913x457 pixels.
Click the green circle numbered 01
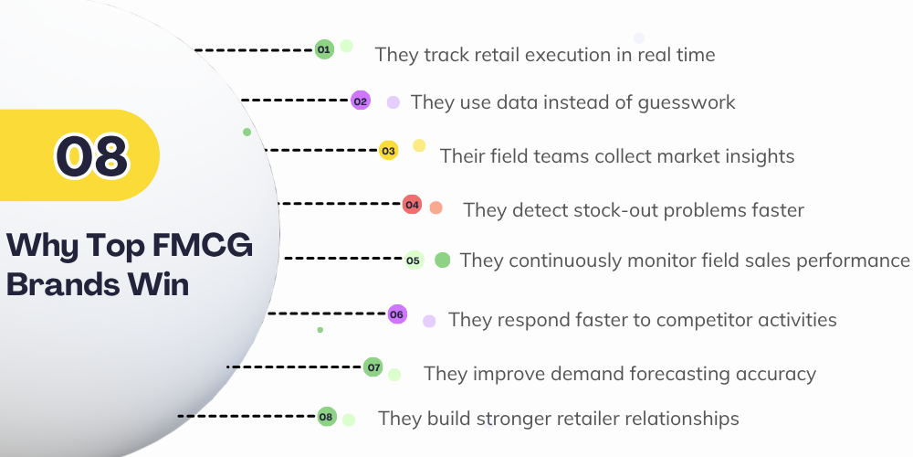tap(324, 49)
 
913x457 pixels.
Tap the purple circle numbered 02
tap(361, 101)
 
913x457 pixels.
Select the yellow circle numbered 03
tap(388, 151)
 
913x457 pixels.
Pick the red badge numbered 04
tap(413, 204)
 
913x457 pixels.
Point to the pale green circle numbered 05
tap(414, 260)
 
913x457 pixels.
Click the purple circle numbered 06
tap(397, 314)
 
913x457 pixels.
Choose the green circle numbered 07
tap(373, 367)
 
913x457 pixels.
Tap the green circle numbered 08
tap(327, 416)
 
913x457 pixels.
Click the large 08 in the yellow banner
tap(91, 156)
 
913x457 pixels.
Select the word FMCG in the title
tap(203, 245)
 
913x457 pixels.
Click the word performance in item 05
tap(853, 260)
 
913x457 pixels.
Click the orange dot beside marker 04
tap(436, 207)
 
